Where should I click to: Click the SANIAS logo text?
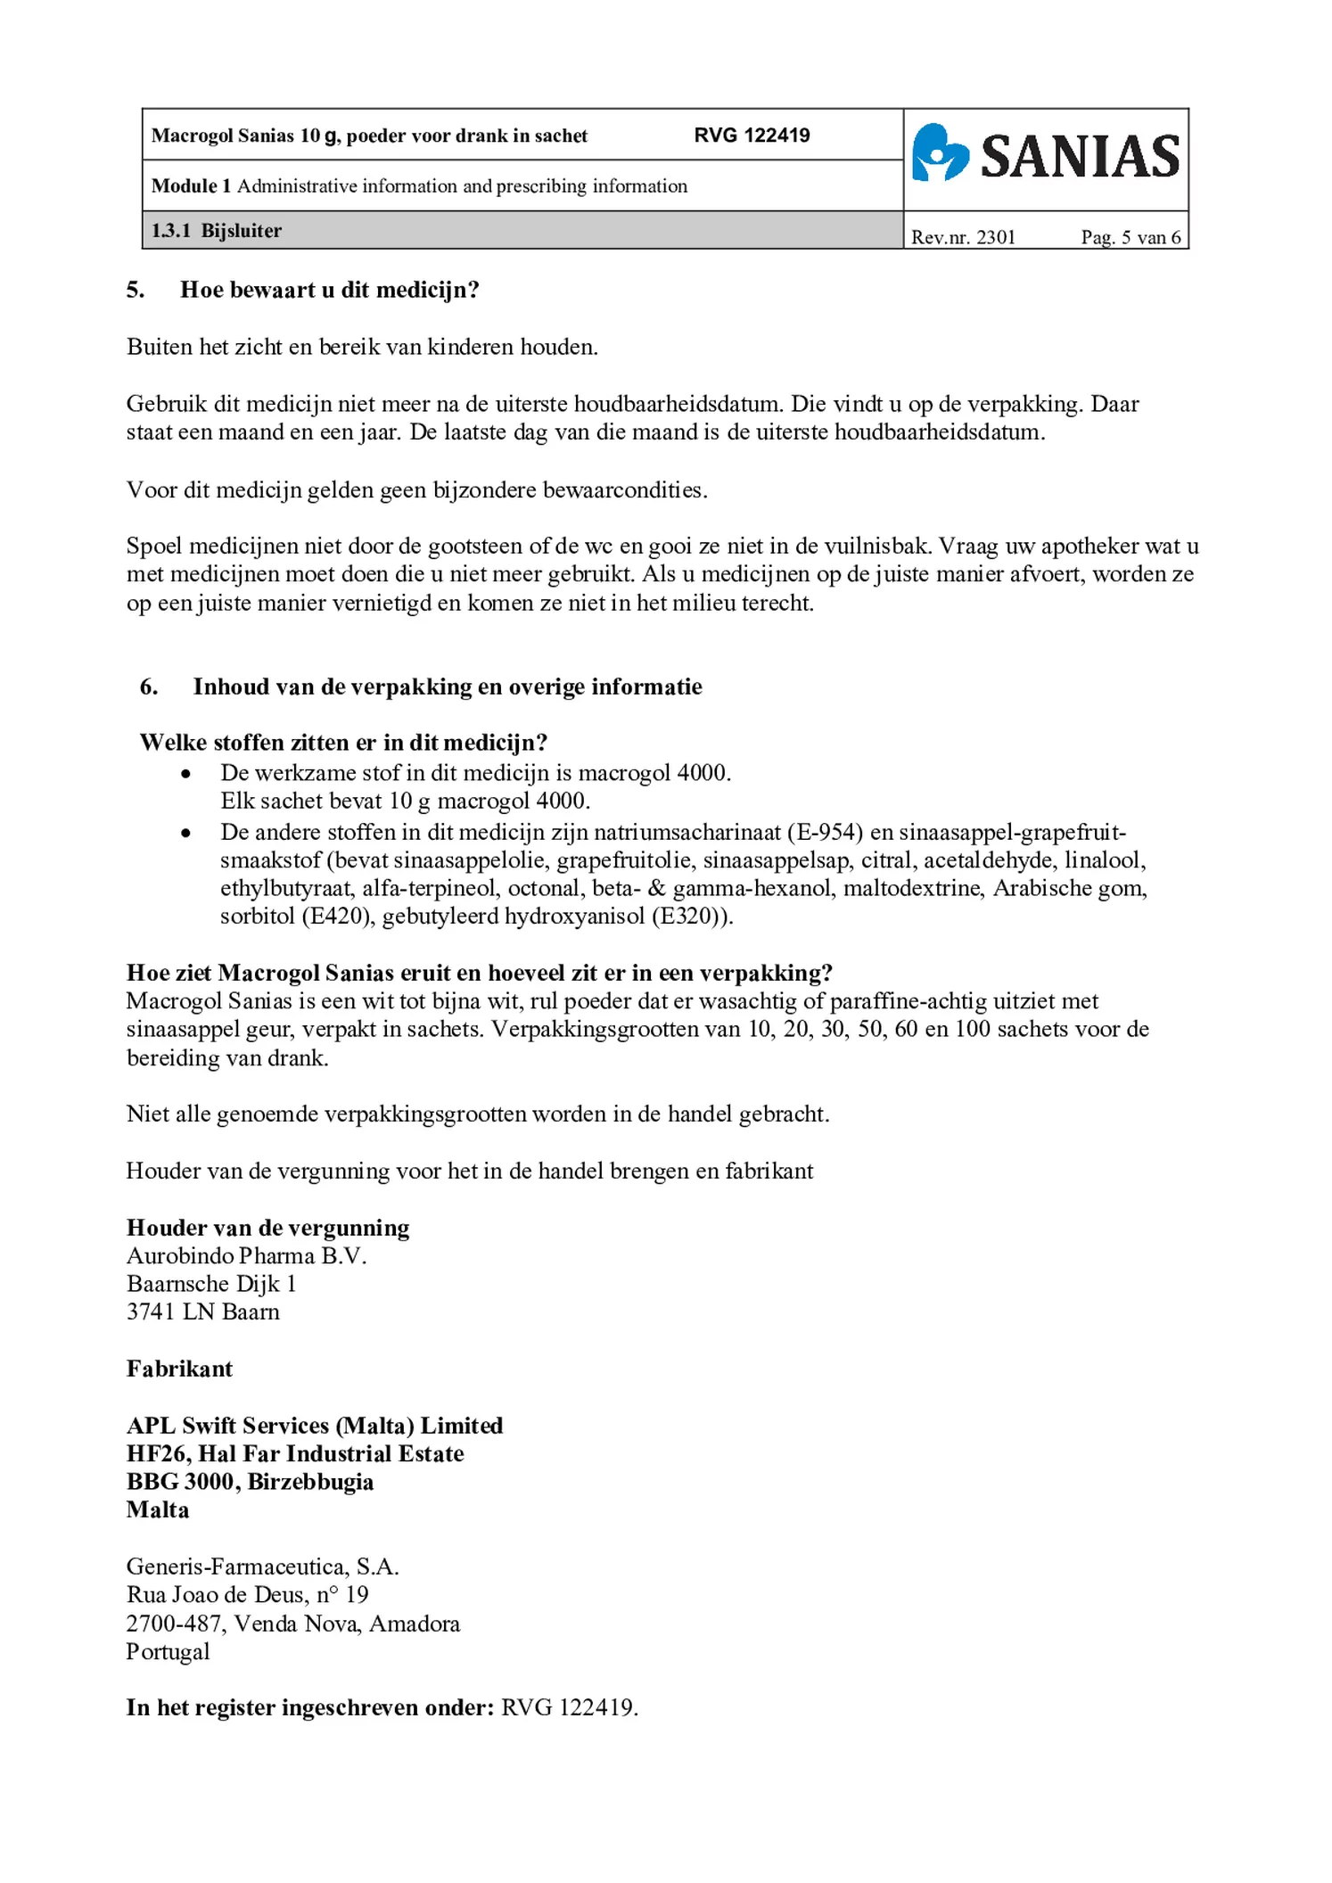1080,157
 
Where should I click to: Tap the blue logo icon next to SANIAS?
940,153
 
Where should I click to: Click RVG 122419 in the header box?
752,136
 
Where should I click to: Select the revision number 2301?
996,237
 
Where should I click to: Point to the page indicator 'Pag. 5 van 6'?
1130,237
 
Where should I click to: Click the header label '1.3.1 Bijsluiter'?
216,231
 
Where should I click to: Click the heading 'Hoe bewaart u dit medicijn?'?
329,290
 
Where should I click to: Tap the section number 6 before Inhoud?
148,687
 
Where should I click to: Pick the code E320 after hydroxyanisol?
687,917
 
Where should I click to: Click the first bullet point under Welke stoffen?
185,774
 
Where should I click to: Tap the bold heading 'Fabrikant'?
179,1369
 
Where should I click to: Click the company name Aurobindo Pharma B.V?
246,1255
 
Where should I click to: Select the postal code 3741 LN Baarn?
202,1312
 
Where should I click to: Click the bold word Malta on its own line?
158,1509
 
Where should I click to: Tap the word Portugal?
168,1651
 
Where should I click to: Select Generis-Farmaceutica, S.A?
262,1566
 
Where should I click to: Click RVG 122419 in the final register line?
568,1707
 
